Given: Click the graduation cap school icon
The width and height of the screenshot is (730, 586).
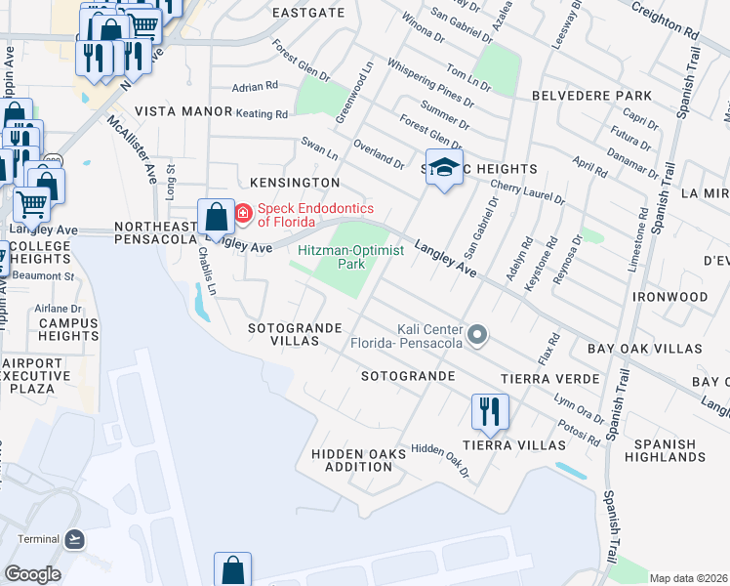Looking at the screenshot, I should pos(443,168).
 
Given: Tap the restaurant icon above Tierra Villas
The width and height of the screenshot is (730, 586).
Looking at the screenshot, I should pos(490,410).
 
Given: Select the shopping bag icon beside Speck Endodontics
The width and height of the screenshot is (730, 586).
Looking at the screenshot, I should pos(215,216).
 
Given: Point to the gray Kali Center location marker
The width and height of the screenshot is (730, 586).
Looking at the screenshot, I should pos(477,336).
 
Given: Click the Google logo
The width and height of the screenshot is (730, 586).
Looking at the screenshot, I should pos(31,574).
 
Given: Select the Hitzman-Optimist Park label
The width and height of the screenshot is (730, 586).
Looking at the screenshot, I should pos(331,256).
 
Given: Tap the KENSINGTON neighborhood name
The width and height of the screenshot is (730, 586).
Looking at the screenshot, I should pos(294,183).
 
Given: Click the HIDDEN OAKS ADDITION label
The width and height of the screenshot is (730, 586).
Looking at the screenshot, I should pos(356,460).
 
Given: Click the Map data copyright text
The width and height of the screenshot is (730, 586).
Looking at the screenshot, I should pos(688,578).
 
